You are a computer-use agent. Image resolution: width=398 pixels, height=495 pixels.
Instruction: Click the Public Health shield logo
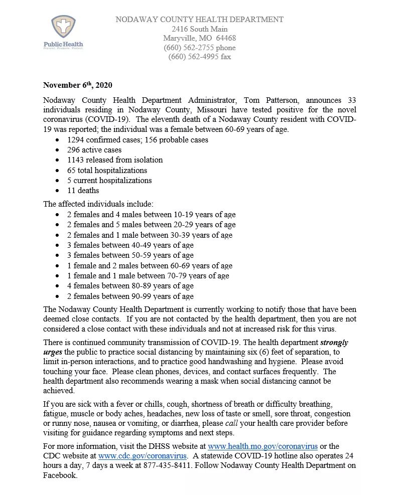coord(63,28)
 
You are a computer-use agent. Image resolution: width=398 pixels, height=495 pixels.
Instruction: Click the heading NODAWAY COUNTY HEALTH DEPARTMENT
coord(199,20)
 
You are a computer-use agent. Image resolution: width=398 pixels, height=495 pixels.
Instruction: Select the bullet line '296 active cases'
coord(94,150)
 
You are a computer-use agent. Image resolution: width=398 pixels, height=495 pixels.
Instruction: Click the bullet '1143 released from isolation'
coord(114,160)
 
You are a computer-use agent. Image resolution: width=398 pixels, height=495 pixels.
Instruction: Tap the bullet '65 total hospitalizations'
coord(107,170)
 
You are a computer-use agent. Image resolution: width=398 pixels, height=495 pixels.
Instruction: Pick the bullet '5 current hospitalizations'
coord(109,180)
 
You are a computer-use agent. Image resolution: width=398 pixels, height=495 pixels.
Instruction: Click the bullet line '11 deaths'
coord(83,191)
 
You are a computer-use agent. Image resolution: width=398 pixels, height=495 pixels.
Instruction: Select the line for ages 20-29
coord(151,225)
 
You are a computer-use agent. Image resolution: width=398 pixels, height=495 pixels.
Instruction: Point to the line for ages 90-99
coord(130,296)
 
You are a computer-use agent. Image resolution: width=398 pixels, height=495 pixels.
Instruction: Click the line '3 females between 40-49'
coord(130,245)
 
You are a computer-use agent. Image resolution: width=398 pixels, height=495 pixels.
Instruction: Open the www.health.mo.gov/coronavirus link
coord(263,446)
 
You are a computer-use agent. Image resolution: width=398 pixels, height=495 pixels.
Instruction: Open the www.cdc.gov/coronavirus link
coord(143,456)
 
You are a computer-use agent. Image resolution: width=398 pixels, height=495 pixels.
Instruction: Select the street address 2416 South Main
coord(199,29)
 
